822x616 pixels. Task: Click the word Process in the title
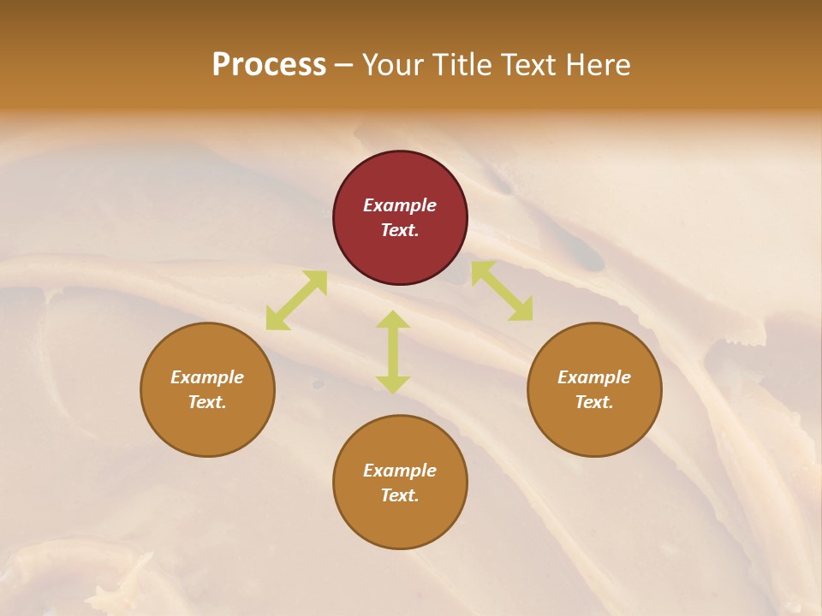pos(269,65)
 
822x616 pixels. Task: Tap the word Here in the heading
pos(598,65)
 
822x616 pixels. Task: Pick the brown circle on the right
pos(594,423)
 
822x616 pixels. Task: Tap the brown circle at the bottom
pos(400,522)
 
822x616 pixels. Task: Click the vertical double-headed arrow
pos(393,352)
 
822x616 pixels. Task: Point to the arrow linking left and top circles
pos(296,300)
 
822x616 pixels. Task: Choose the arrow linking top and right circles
pos(502,291)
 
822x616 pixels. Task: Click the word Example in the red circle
pos(400,205)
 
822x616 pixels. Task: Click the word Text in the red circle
pos(399,230)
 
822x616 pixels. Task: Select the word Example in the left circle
pos(207,377)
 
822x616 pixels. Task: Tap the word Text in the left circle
pos(206,402)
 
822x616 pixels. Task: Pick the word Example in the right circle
pos(594,377)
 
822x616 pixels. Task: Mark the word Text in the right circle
pos(593,402)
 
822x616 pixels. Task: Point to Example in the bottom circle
pos(400,471)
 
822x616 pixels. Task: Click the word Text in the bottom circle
pos(399,495)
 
